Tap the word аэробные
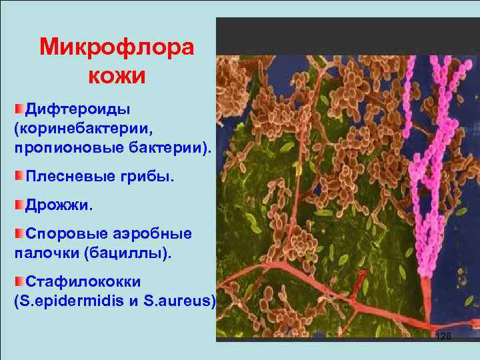(153, 234)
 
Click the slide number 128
(443, 337)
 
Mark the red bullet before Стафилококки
(19, 282)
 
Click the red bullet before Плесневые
(19, 175)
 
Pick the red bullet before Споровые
(19, 233)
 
